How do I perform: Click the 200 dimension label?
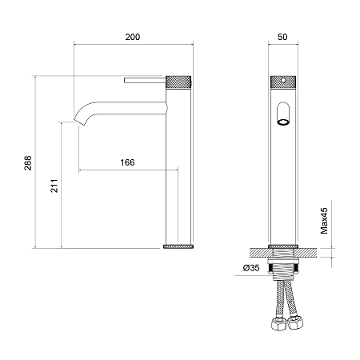(x=133, y=37)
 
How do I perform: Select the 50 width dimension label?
(x=282, y=37)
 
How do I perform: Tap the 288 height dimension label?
(x=28, y=163)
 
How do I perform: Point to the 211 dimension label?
(x=54, y=186)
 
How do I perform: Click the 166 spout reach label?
(x=127, y=162)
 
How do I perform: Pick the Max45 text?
(x=324, y=221)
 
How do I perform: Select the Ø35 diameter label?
(x=251, y=267)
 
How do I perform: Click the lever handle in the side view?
(x=145, y=80)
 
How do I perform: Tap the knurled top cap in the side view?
(x=178, y=82)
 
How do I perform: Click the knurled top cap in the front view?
(x=283, y=82)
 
